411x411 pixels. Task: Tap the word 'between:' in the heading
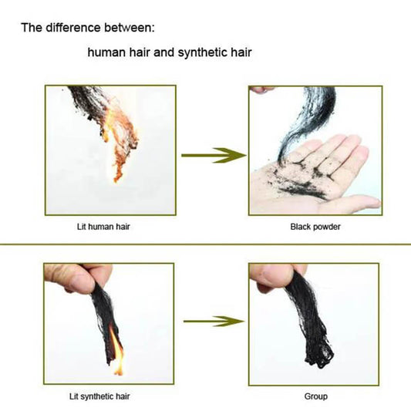[130, 28]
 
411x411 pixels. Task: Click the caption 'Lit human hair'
[103, 227]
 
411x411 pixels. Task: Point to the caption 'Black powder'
[315, 227]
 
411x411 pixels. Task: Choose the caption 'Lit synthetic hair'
[99, 396]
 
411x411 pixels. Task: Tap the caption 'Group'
[316, 396]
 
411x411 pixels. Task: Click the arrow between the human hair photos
[214, 156]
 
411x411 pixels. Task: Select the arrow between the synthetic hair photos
[214, 321]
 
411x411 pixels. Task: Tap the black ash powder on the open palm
[302, 178]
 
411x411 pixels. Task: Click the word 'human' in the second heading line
[106, 52]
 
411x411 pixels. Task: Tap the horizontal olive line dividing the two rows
[205, 244]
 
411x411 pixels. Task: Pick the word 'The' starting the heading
[32, 28]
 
